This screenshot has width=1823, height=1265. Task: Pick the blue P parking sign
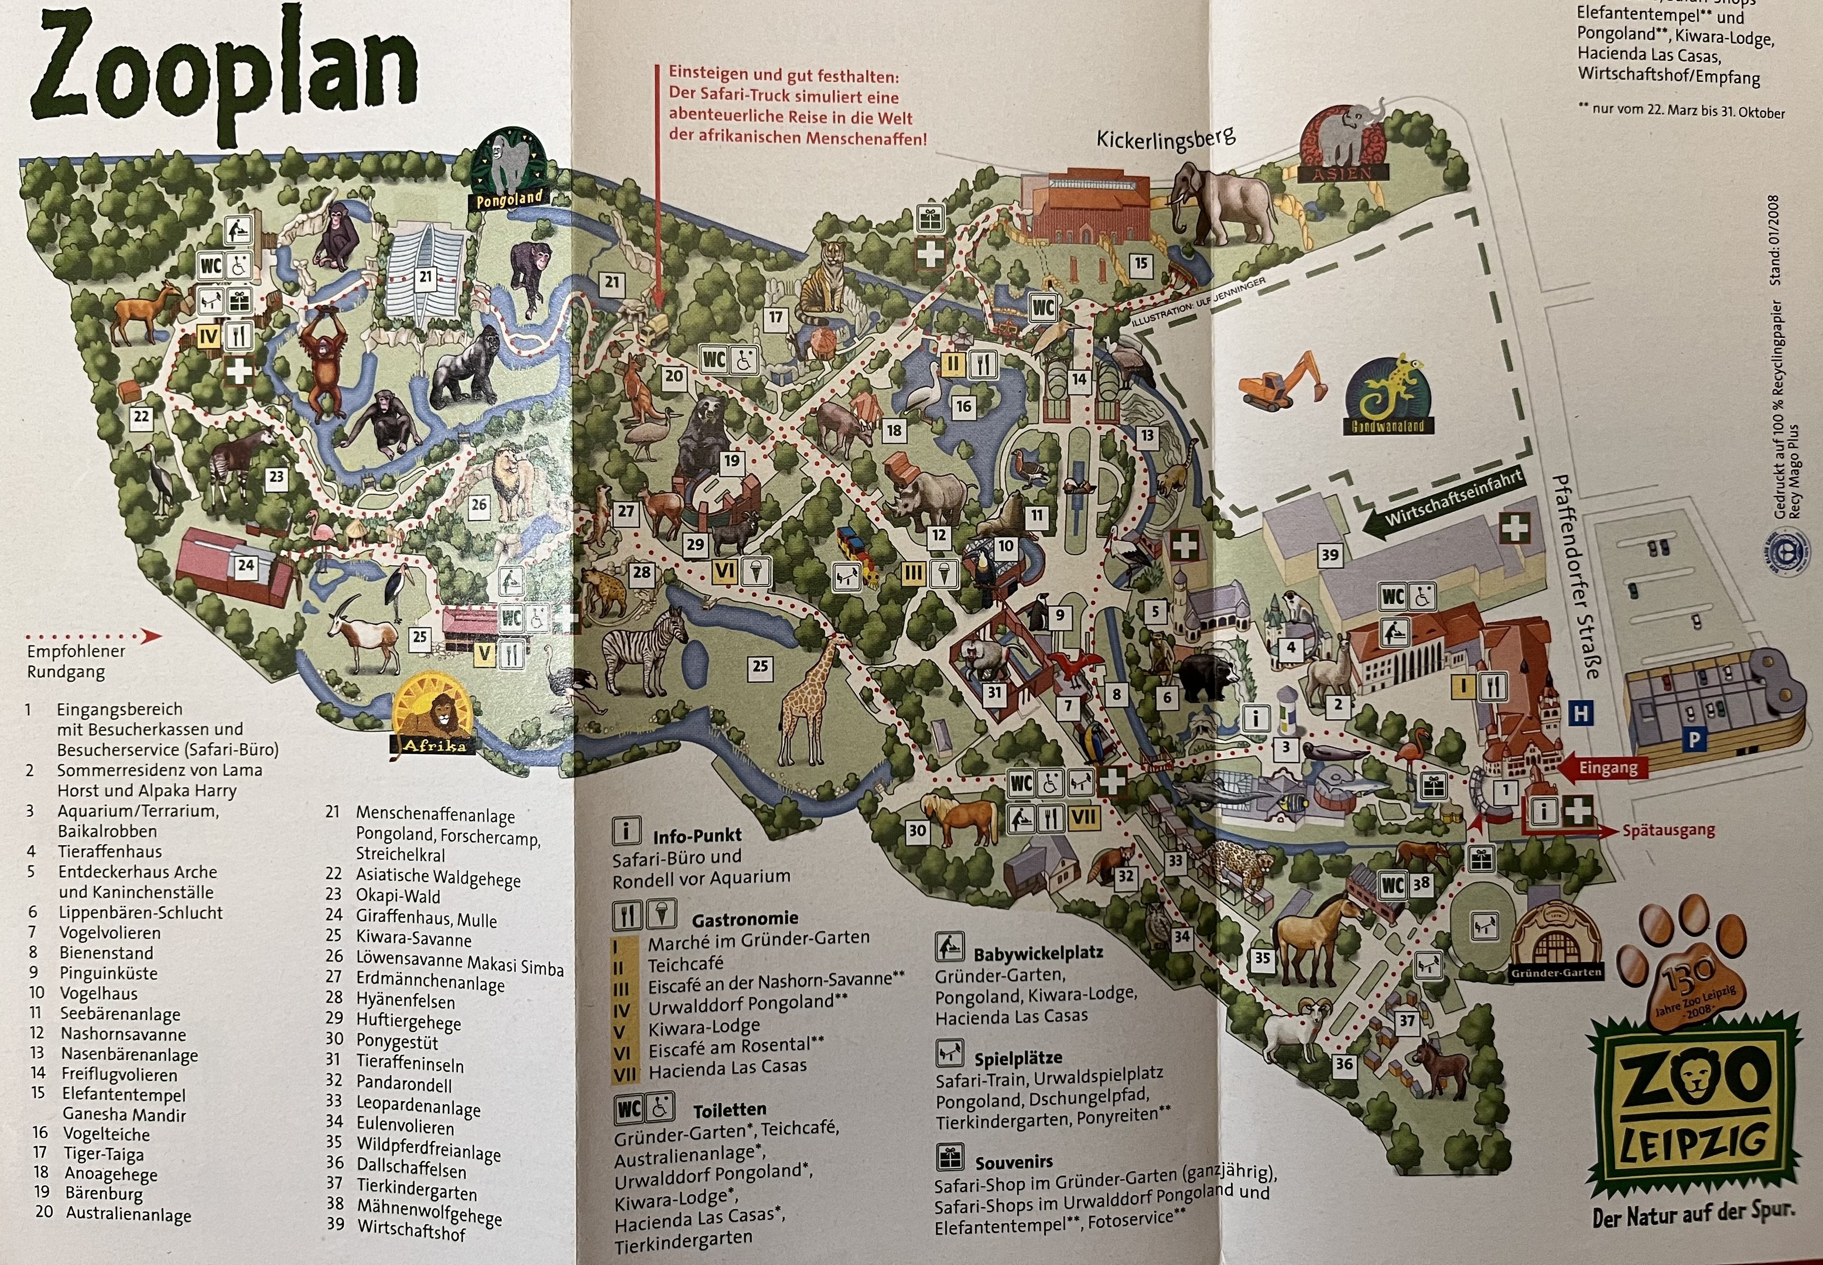point(1694,740)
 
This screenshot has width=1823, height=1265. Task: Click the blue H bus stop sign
point(1581,713)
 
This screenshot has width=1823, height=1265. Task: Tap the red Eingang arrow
point(1601,767)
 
